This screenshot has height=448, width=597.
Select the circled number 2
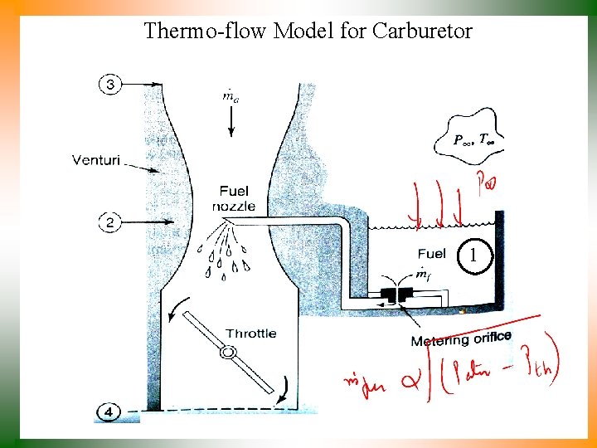tap(111, 222)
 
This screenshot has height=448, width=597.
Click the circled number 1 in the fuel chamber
tap(473, 256)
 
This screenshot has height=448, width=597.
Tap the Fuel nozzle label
tap(233, 198)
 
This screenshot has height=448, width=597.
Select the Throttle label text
tap(250, 334)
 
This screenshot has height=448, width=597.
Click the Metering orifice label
tap(461, 339)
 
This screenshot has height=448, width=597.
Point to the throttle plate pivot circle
tap(226, 353)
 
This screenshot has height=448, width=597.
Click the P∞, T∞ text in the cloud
tap(473, 139)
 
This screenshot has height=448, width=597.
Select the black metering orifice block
tap(394, 295)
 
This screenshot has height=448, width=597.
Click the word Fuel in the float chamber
tap(431, 254)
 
